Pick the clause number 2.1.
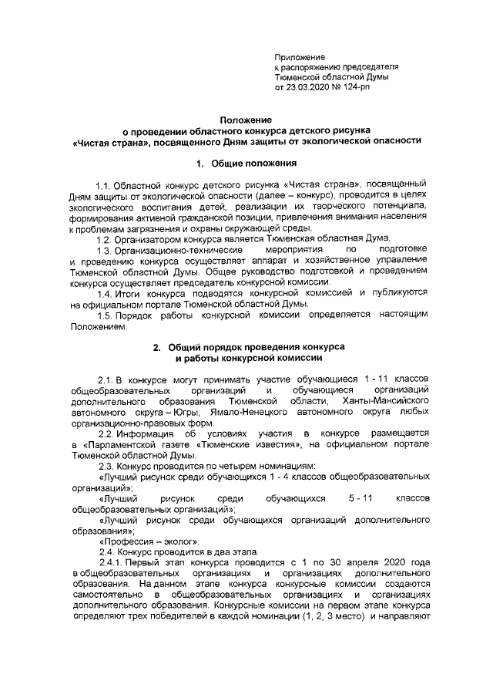click(x=106, y=381)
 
